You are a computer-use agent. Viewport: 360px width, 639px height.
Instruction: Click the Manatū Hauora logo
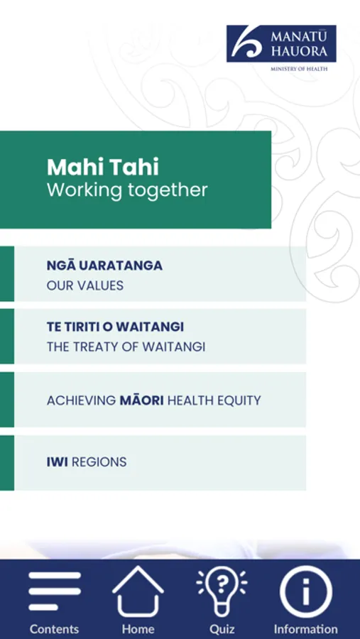(x=281, y=43)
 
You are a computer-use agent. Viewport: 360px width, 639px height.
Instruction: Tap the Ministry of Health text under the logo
(x=299, y=69)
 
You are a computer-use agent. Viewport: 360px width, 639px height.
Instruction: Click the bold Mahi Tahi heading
(x=103, y=167)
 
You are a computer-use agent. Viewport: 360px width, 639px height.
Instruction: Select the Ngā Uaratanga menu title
(x=104, y=266)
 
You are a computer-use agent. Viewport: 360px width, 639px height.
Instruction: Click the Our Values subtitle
(x=85, y=285)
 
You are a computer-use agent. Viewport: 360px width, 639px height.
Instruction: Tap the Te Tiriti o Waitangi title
(x=115, y=327)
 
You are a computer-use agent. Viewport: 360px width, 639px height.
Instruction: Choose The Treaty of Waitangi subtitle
(x=126, y=346)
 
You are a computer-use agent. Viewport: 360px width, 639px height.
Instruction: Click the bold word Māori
(x=142, y=400)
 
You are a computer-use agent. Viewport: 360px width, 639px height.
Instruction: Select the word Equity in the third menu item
(x=241, y=400)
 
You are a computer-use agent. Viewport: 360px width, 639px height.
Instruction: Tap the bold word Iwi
(x=57, y=462)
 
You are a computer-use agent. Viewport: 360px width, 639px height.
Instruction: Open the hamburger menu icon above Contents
(x=55, y=591)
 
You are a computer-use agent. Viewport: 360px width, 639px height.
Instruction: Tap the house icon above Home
(x=138, y=591)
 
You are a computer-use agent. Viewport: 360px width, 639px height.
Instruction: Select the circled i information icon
(x=306, y=591)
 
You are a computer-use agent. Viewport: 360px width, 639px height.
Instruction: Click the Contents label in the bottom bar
(x=54, y=629)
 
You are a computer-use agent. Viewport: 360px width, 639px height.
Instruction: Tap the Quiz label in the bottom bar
(x=222, y=629)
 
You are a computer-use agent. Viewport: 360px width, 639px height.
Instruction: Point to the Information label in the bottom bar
(x=306, y=629)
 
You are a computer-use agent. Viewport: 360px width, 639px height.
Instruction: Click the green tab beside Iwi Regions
(x=7, y=463)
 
